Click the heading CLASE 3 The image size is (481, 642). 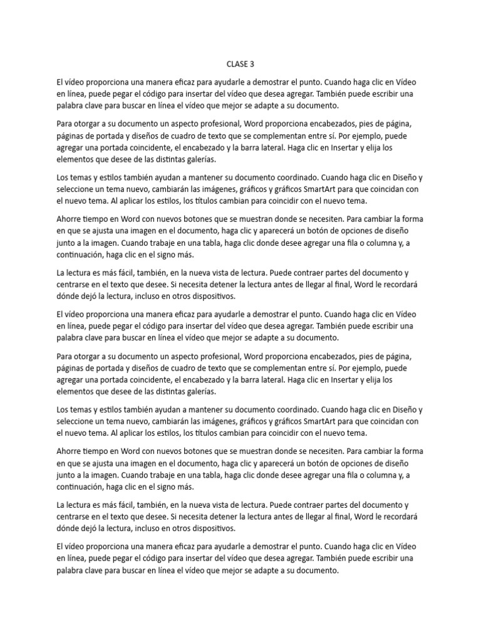point(240,64)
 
